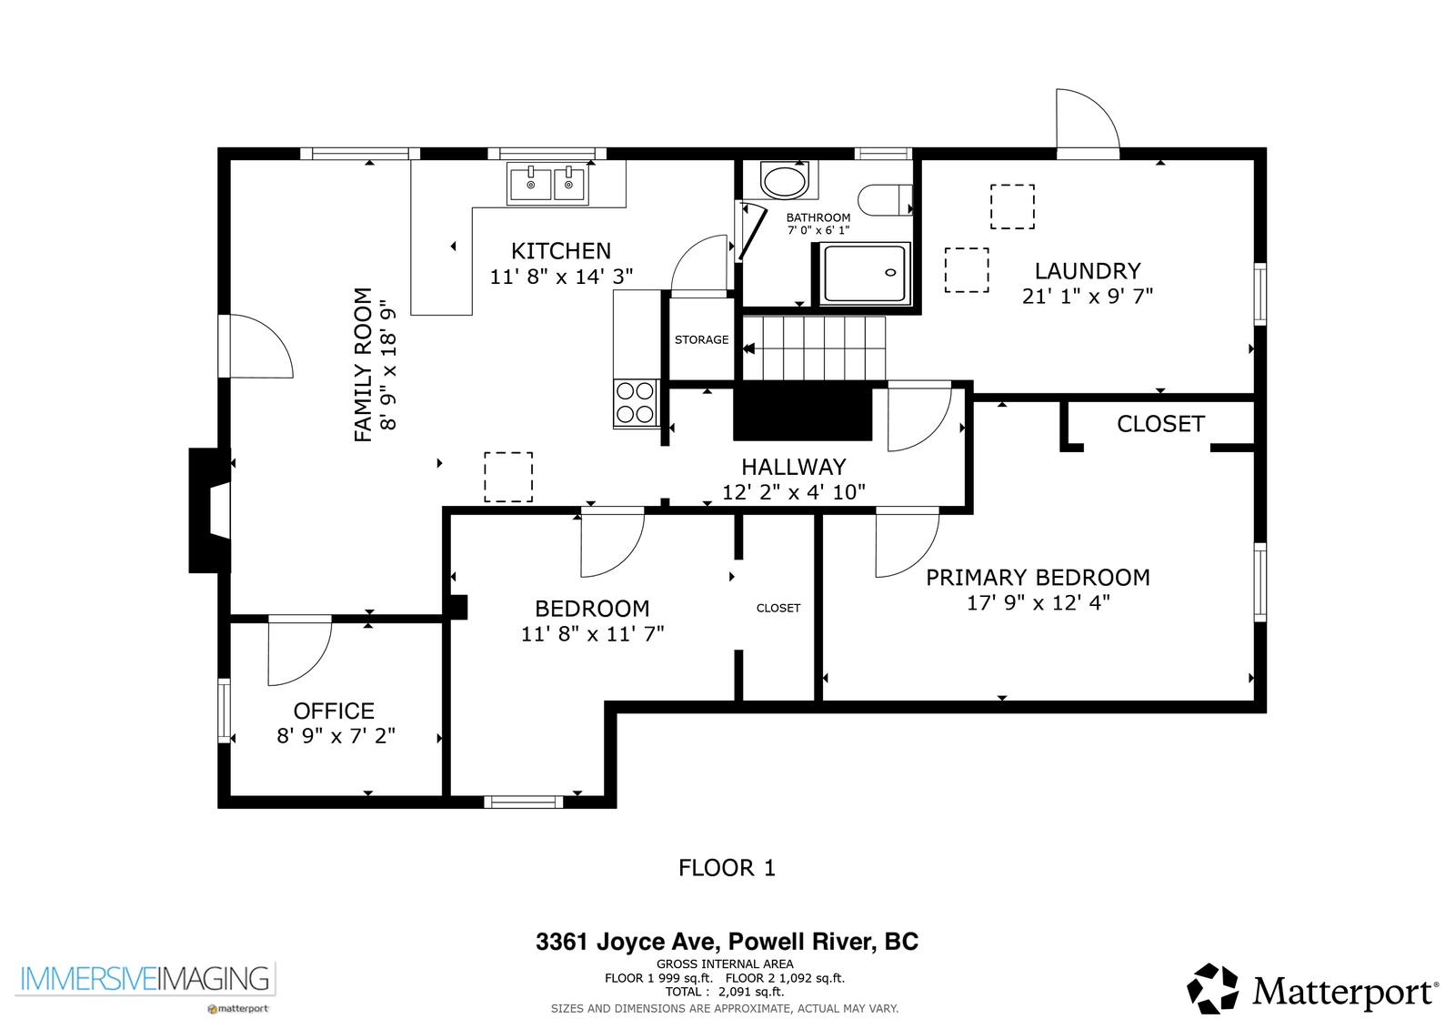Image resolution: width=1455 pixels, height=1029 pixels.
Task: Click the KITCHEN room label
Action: pos(561,251)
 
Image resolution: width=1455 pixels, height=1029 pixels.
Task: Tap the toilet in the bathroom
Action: pos(885,199)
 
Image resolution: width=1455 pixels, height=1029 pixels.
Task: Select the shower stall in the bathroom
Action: pos(865,274)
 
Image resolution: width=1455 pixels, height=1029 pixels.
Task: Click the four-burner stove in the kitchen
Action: pos(636,403)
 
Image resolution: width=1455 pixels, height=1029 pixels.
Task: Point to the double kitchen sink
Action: pos(549,184)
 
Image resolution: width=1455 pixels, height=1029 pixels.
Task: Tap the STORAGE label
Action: pos(701,339)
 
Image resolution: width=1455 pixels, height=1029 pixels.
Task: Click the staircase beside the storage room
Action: pos(814,348)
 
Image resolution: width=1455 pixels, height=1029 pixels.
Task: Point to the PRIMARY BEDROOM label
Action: pos(1038,577)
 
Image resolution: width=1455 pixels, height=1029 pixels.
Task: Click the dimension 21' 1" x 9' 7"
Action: pos(1088,297)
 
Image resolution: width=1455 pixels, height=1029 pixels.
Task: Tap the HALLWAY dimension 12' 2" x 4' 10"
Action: pos(794,492)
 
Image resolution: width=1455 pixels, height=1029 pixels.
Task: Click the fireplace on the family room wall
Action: pos(209,510)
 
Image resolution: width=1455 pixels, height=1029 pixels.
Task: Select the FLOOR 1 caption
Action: pos(727,868)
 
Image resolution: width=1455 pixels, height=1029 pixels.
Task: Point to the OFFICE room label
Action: pos(334,711)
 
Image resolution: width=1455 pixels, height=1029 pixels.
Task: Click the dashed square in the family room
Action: pos(508,477)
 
